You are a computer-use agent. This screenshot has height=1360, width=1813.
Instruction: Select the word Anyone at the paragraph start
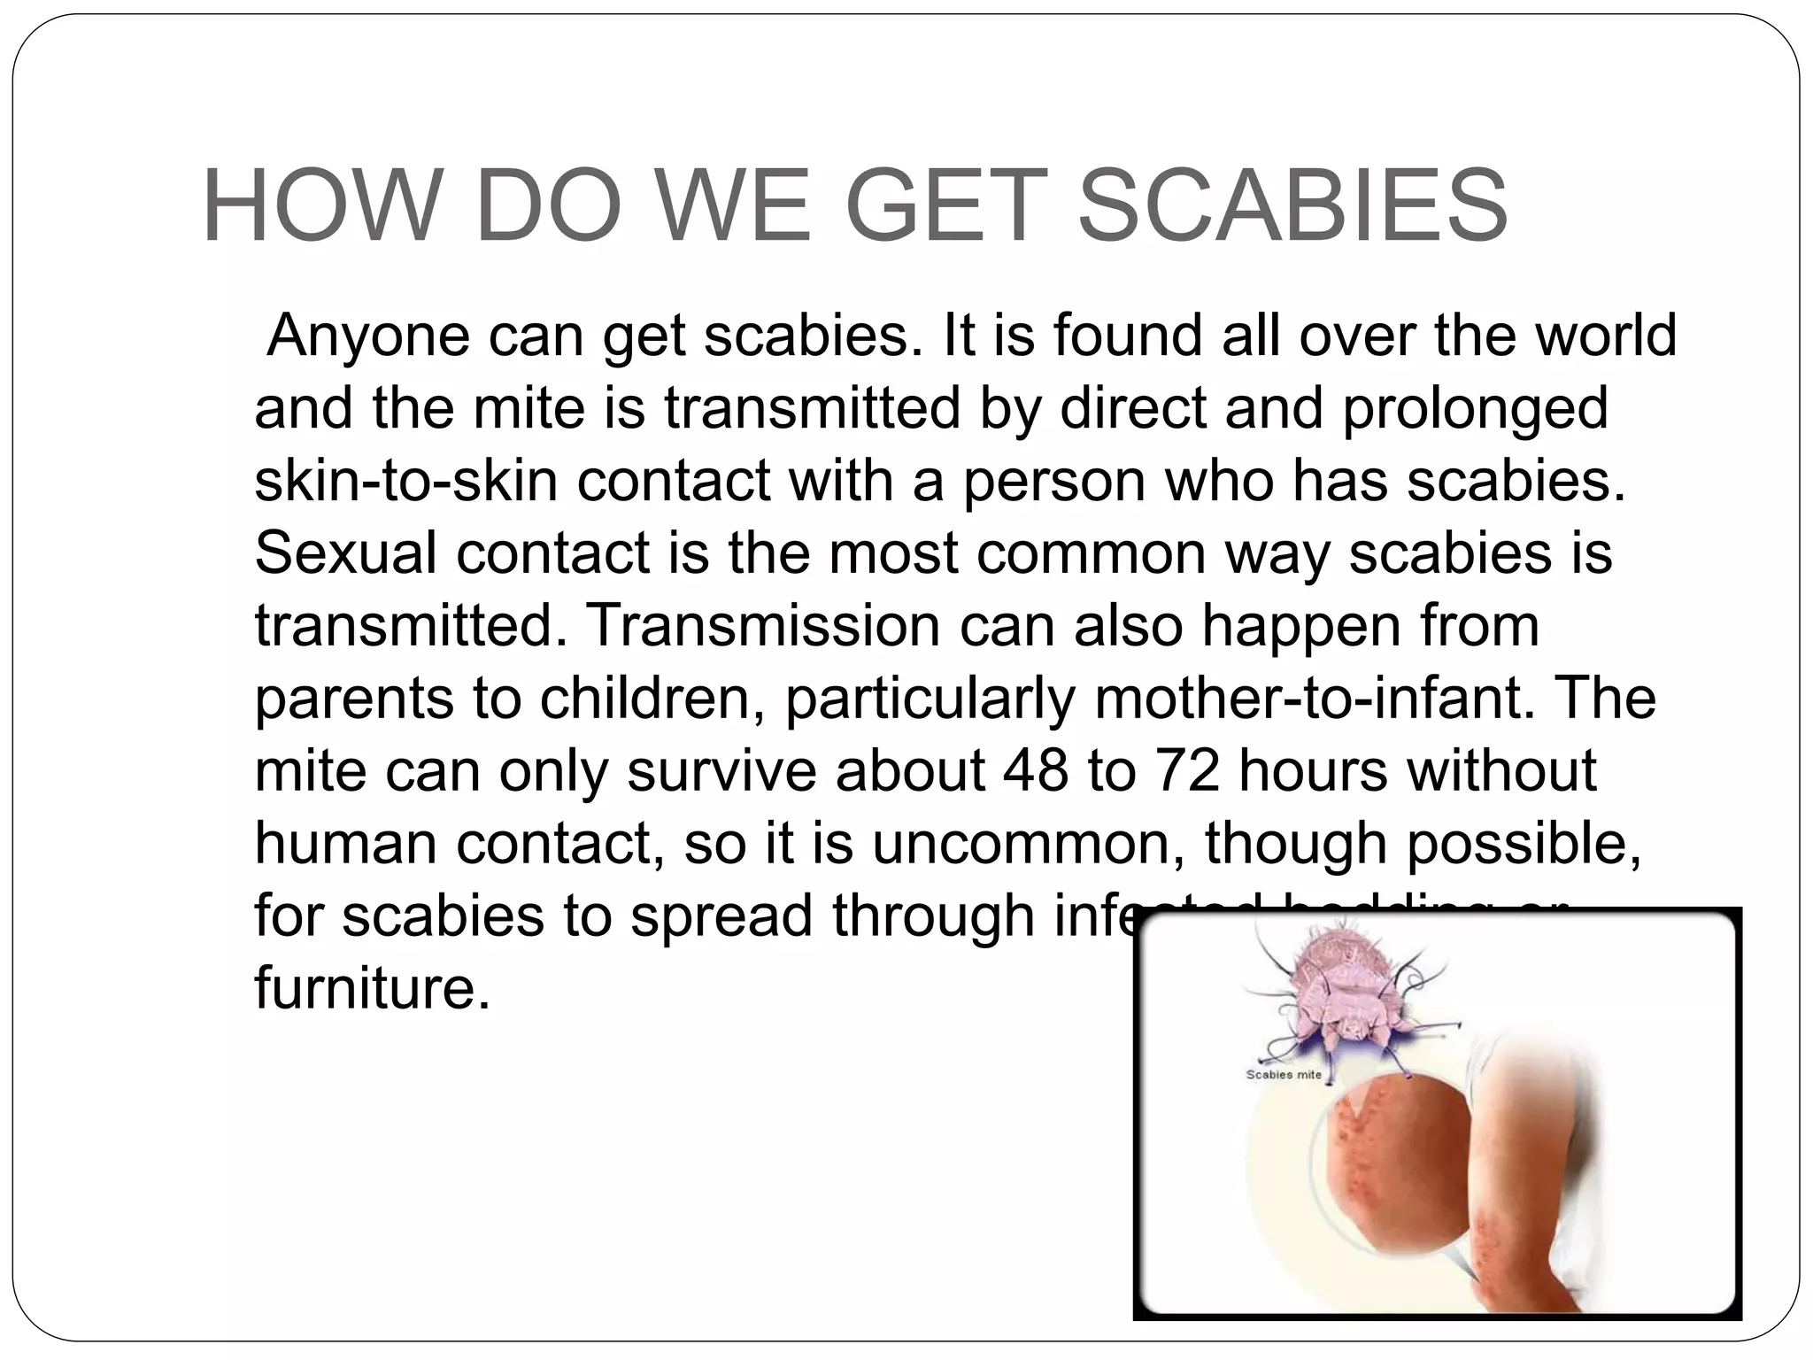coord(368,336)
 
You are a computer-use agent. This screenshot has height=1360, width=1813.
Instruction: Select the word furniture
coord(372,987)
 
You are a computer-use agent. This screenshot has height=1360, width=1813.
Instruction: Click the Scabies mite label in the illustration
coord(1284,1075)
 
